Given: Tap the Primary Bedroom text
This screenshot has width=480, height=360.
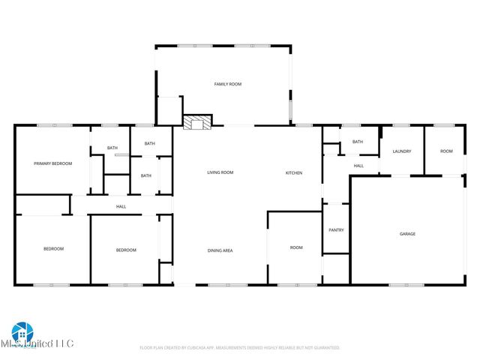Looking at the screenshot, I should coord(52,163).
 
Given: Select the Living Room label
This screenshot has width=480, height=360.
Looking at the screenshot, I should coord(220,172).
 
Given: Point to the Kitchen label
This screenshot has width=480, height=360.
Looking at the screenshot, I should coord(293,173).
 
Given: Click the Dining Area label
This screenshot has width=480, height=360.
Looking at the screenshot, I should coord(220,250).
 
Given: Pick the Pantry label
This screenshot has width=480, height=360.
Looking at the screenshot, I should coord(336,230).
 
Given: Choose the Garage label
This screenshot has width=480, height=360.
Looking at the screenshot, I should coord(407,234).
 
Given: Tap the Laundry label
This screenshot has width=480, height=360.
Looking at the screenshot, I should coord(401,151).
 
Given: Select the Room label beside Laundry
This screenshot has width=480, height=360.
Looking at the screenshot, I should coord(446,151).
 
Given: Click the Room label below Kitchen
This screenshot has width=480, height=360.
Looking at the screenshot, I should coord(296,247).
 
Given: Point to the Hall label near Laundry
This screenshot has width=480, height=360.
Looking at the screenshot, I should coord(358,166).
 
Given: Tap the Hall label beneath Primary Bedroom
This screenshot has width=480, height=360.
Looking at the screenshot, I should coord(121,206).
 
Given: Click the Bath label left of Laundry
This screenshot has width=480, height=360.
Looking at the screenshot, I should coord(358,142).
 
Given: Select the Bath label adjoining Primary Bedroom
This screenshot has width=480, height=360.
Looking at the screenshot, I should coord(112,148).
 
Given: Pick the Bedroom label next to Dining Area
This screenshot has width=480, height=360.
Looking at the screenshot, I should coord(125,250).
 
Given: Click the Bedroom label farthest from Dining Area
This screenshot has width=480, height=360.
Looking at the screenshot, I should coord(53,249).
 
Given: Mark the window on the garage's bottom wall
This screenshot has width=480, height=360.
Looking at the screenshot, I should coord(400,285).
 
